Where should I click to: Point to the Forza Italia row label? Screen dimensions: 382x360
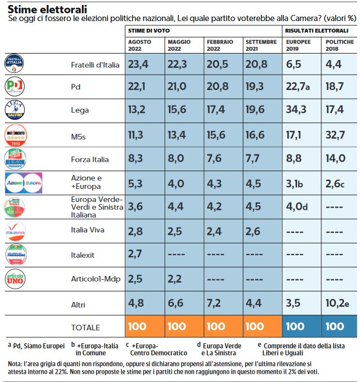click(90, 160)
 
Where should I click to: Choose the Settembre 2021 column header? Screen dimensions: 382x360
click(261, 46)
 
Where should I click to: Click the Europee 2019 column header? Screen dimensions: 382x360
click(299, 46)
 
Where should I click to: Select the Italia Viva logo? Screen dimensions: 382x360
click(15, 230)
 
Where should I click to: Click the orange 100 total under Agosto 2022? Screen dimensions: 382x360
click(137, 326)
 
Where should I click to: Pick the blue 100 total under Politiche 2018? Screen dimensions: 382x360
click(335, 326)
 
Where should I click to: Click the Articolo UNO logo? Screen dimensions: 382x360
click(15, 278)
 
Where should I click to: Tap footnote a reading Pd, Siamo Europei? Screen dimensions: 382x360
click(34, 345)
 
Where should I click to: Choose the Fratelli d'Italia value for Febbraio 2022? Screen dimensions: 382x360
click(217, 65)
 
